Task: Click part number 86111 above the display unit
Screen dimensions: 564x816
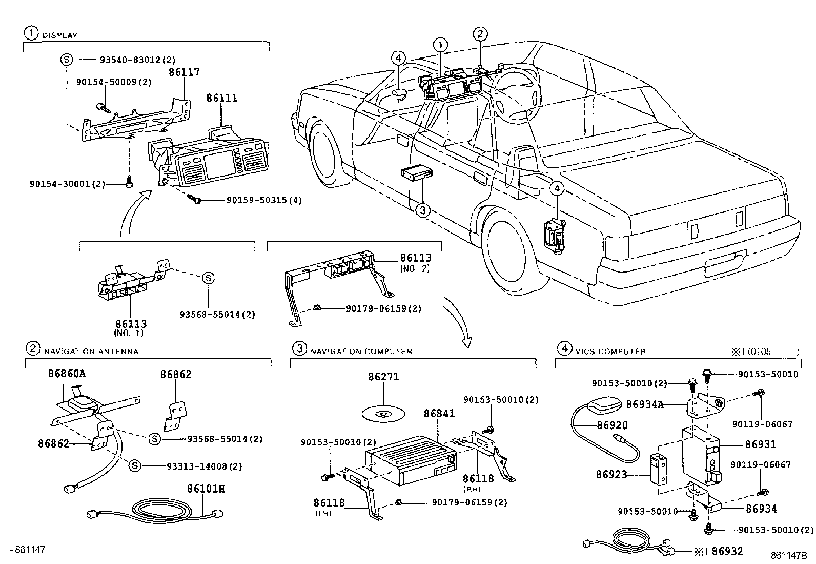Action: tap(221, 98)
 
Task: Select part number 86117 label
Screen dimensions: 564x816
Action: tap(184, 73)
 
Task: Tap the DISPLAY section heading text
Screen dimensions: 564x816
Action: tap(59, 35)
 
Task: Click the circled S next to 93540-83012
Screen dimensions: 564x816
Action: tap(66, 60)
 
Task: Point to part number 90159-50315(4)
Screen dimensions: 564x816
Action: tap(264, 200)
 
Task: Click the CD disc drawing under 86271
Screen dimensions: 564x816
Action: tap(382, 413)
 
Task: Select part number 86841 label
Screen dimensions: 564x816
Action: tap(439, 413)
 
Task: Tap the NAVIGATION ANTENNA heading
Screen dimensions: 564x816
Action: tap(91, 352)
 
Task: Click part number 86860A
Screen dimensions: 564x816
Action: tap(67, 374)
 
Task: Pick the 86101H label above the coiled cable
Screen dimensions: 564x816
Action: tap(206, 489)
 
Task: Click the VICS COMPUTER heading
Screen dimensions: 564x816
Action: tap(610, 352)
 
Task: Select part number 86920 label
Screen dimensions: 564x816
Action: tap(611, 425)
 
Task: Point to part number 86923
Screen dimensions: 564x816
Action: tap(611, 475)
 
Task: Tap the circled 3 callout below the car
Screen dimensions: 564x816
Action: tap(421, 210)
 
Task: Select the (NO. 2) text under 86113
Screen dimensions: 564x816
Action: tap(415, 268)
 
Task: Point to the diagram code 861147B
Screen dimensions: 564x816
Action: tap(788, 555)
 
